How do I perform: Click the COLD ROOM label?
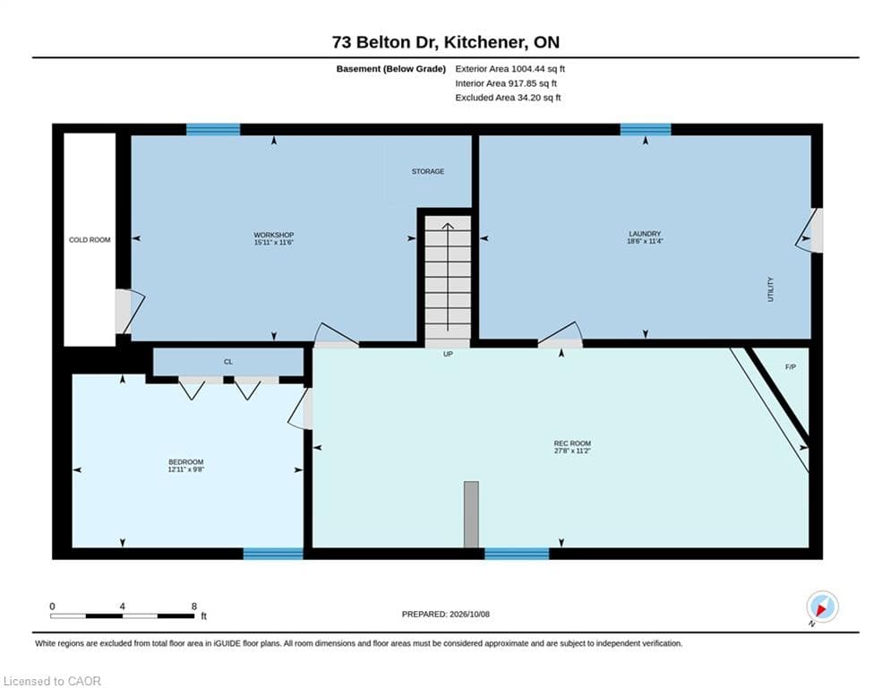click(x=90, y=240)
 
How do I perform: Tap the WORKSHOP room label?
click(x=273, y=235)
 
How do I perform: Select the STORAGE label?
click(x=428, y=171)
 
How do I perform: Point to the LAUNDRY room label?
click(x=645, y=234)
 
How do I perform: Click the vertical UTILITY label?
click(x=770, y=289)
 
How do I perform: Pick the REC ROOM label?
click(x=572, y=443)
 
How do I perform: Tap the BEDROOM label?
click(x=186, y=462)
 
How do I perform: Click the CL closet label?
click(x=227, y=362)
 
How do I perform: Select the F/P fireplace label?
click(x=791, y=367)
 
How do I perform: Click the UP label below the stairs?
click(x=448, y=354)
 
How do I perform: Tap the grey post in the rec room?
click(x=471, y=514)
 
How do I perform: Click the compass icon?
click(x=822, y=606)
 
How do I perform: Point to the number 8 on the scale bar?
click(x=193, y=606)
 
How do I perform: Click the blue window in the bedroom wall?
click(x=273, y=554)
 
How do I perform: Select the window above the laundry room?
click(x=645, y=130)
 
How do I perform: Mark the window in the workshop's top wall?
click(x=213, y=130)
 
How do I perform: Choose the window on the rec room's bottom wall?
click(x=517, y=554)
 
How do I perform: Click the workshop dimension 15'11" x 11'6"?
click(x=273, y=243)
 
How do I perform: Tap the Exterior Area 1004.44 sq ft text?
click(x=510, y=69)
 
